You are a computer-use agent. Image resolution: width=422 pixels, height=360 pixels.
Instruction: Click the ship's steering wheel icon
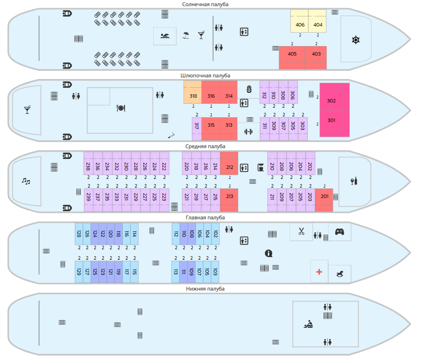(x=356, y=40)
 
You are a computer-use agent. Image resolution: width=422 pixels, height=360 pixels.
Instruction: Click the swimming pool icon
(x=165, y=36)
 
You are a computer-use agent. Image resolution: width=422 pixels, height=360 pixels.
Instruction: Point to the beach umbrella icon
(x=186, y=35)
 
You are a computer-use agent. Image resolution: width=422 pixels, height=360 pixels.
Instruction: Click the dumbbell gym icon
(x=248, y=132)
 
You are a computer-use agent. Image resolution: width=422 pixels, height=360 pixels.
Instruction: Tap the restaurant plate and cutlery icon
(x=121, y=108)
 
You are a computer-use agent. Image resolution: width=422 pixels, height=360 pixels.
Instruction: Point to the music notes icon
(x=26, y=181)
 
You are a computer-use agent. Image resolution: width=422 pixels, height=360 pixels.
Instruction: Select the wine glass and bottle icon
(x=354, y=181)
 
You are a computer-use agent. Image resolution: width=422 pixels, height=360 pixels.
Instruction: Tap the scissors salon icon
(x=301, y=231)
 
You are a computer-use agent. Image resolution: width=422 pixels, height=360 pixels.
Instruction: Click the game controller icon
(x=340, y=231)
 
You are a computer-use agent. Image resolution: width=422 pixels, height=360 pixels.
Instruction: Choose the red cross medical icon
(x=319, y=272)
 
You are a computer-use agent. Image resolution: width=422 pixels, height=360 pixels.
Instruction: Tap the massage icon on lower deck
(x=309, y=324)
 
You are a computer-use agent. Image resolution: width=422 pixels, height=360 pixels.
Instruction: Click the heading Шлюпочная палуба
(x=205, y=75)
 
